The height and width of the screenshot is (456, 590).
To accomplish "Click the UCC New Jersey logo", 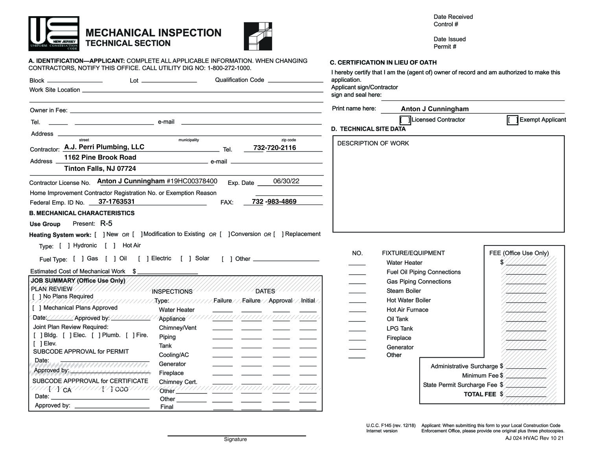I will pyautogui.click(x=54, y=33).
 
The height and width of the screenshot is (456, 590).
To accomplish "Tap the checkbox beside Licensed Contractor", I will pyautogui.click(x=405, y=120).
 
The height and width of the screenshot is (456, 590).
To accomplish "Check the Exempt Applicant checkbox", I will pyautogui.click(x=513, y=120).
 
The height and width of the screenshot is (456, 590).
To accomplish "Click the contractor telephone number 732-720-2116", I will pyautogui.click(x=275, y=148).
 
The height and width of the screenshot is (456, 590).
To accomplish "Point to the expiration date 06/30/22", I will pyautogui.click(x=286, y=181).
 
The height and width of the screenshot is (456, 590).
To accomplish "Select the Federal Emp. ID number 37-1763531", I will pyautogui.click(x=116, y=201).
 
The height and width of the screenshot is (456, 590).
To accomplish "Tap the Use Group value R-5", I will pyautogui.click(x=106, y=223).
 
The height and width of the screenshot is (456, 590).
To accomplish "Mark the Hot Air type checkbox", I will pyautogui.click(x=110, y=246).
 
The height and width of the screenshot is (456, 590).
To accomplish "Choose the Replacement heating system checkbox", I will pyautogui.click(x=278, y=234).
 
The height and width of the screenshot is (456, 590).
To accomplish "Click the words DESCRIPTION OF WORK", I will pyautogui.click(x=373, y=143).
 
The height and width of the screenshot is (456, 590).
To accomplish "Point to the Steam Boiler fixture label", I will pyautogui.click(x=404, y=291).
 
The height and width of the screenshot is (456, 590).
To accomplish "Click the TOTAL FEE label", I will pyautogui.click(x=480, y=394).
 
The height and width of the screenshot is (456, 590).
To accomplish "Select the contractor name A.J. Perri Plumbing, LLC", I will pyautogui.click(x=104, y=147).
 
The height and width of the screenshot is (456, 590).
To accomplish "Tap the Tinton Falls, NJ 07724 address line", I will pyautogui.click(x=100, y=168).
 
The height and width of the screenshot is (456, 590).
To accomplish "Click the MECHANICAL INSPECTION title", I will pyautogui.click(x=153, y=33).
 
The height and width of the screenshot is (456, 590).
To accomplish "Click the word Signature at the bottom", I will pyautogui.click(x=235, y=439).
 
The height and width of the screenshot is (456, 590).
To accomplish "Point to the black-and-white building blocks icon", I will pyautogui.click(x=258, y=36).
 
